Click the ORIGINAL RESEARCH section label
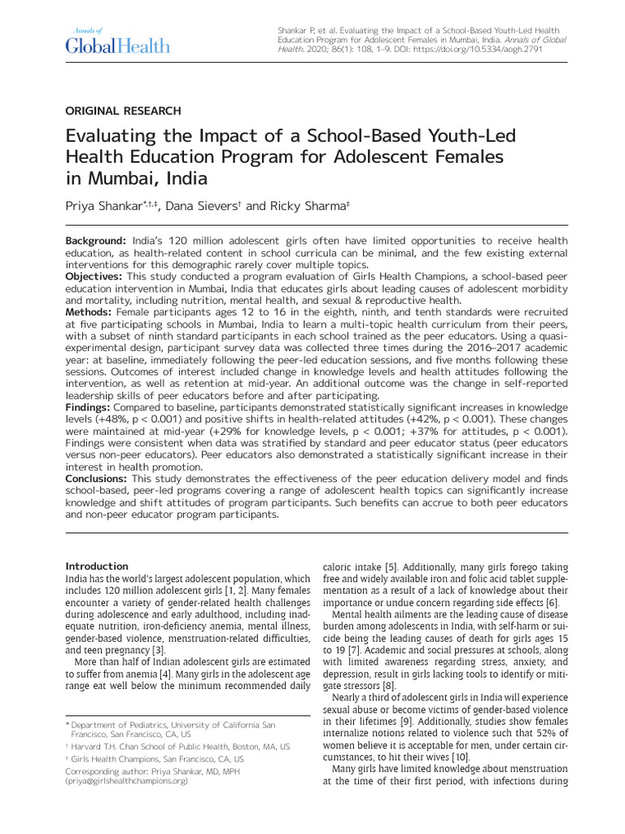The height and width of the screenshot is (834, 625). [123, 111]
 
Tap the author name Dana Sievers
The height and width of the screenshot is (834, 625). [203, 207]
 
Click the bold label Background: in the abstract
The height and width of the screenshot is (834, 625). [95, 243]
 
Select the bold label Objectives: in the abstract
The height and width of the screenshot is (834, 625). [94, 277]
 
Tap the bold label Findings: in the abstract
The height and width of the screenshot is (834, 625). [88, 406]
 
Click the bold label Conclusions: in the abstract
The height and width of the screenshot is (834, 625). [97, 478]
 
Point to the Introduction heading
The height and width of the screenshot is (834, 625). [97, 566]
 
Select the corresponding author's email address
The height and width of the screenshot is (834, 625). [127, 780]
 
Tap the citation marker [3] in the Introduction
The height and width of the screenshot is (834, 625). [159, 651]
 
